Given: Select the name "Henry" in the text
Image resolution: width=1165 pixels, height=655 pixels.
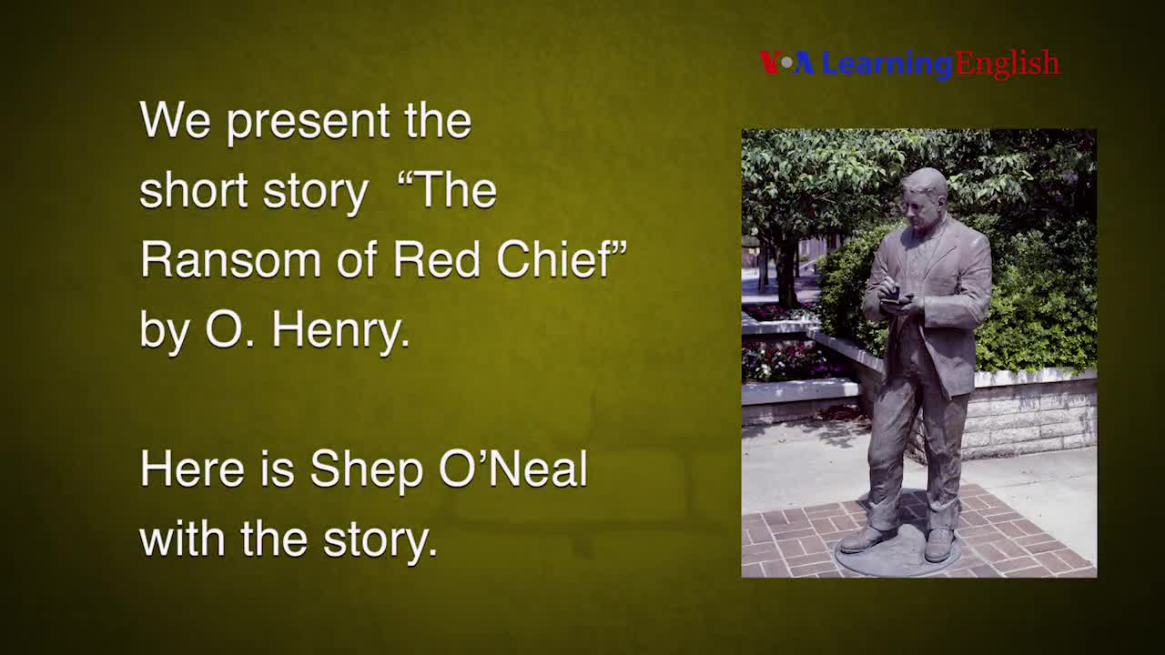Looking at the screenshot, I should coord(340,330).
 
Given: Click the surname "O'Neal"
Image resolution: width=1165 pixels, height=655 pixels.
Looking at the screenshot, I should coord(513,469).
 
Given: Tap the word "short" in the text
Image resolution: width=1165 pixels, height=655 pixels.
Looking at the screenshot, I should coord(194,191).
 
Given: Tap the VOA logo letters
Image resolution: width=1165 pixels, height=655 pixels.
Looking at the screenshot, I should coord(786,63).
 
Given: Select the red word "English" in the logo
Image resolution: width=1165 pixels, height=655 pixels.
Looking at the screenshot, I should coord(1007,64).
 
